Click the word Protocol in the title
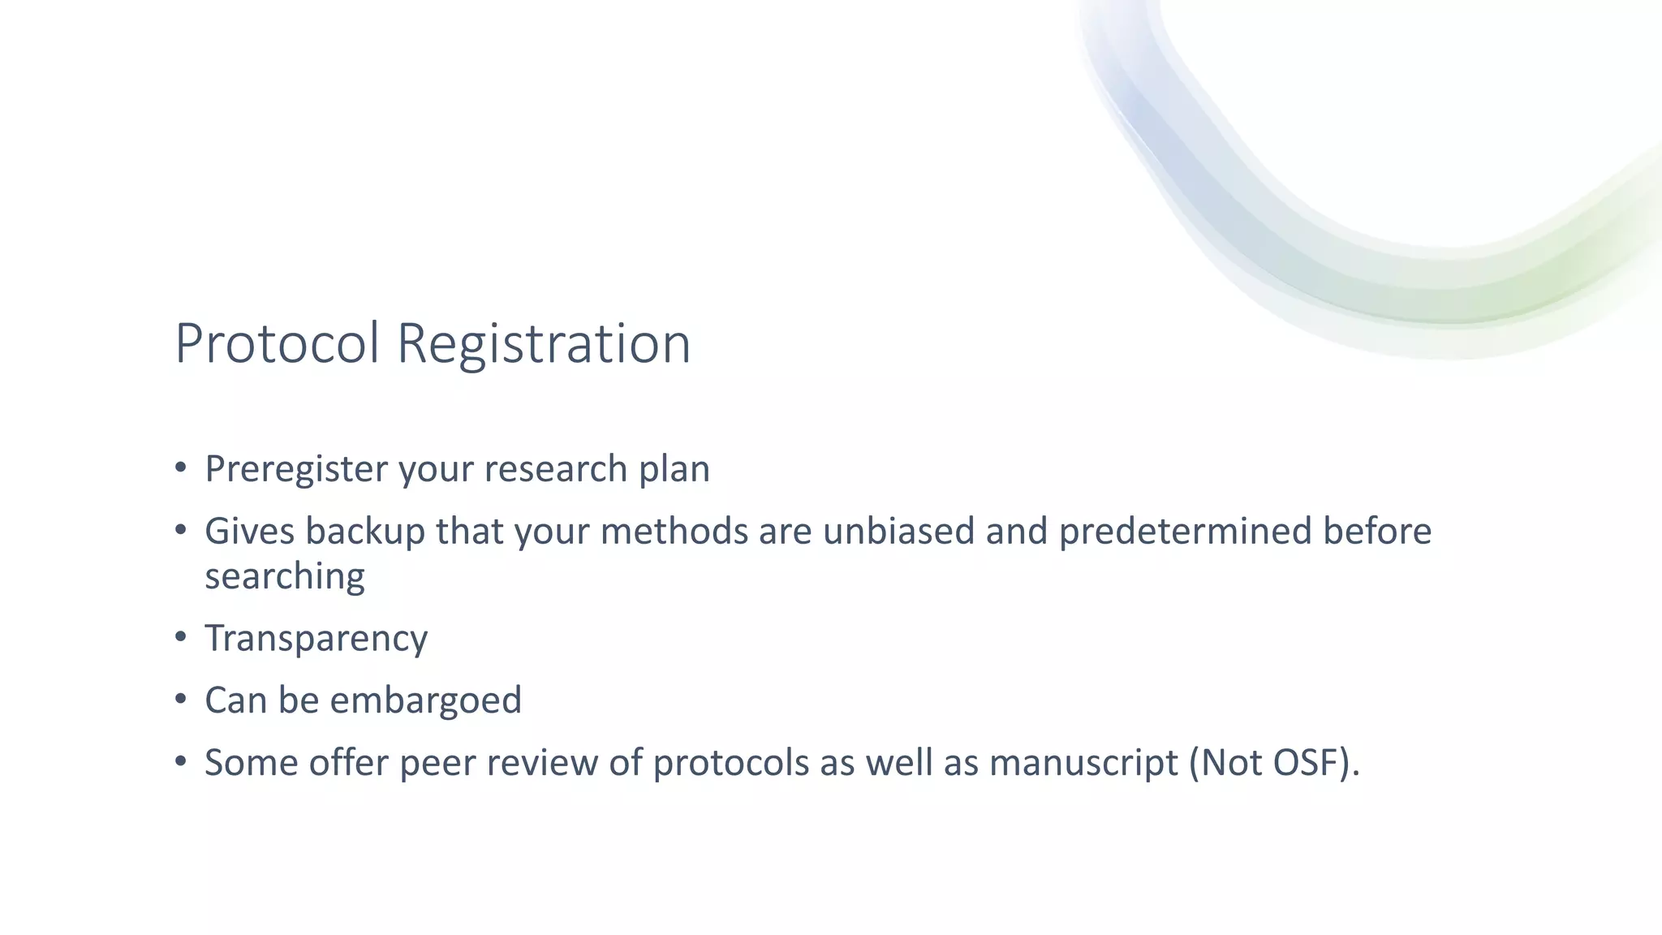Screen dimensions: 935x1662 point(278,343)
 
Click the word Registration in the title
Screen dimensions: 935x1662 point(544,343)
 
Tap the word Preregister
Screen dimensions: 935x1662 point(297,469)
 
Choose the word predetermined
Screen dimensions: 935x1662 point(1185,532)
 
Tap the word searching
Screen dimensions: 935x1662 point(285,577)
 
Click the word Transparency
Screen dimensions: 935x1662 point(316,639)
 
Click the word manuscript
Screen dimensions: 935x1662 point(1084,763)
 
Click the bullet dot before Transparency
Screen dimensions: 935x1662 point(181,637)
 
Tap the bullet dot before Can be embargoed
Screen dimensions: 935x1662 point(181,699)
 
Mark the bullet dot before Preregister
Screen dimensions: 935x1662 point(181,467)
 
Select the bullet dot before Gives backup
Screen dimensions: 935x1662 point(181,530)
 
